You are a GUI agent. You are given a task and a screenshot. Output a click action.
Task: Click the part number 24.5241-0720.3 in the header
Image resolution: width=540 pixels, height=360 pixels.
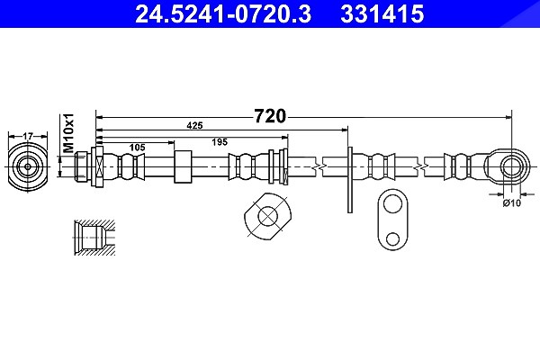pyautogui.click(x=223, y=14)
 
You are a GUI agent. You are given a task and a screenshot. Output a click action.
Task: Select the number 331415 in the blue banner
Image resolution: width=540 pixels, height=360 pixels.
pyautogui.click(x=382, y=14)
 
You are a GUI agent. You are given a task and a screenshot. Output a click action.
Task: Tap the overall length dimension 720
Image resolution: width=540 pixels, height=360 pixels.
pyautogui.click(x=270, y=116)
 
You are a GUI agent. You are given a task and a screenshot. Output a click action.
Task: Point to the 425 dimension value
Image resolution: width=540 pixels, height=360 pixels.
pyautogui.click(x=194, y=126)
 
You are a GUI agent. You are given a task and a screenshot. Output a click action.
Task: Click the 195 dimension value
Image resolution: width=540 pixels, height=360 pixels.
pyautogui.click(x=220, y=142)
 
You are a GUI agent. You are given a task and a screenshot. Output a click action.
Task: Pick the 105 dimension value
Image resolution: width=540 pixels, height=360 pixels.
pyautogui.click(x=137, y=148)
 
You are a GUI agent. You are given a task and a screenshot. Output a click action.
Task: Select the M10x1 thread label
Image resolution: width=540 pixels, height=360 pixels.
pyautogui.click(x=69, y=133)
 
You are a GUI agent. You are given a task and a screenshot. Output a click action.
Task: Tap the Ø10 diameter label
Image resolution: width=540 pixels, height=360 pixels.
pyautogui.click(x=512, y=203)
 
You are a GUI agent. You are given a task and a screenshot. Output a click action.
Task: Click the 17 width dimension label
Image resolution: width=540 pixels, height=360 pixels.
pyautogui.click(x=28, y=137)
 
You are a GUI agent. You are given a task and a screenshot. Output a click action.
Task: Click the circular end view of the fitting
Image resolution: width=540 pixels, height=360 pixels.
pyautogui.click(x=28, y=166)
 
